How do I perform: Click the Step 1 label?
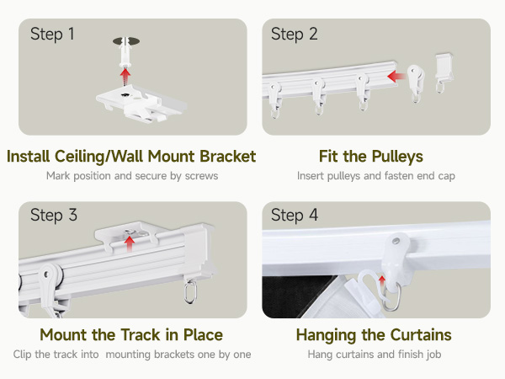(52, 35)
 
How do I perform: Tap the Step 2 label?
(295, 35)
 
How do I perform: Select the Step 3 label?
(54, 216)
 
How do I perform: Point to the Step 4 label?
(295, 216)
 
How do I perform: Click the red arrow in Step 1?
(125, 76)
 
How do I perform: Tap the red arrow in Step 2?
(396, 77)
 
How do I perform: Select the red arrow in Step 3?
(130, 244)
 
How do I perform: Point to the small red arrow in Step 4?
(382, 281)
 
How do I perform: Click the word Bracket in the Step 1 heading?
(228, 157)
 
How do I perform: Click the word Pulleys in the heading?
(397, 157)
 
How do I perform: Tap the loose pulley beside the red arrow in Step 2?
(416, 83)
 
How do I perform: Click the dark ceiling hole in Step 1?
(126, 41)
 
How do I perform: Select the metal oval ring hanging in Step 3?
(189, 291)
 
